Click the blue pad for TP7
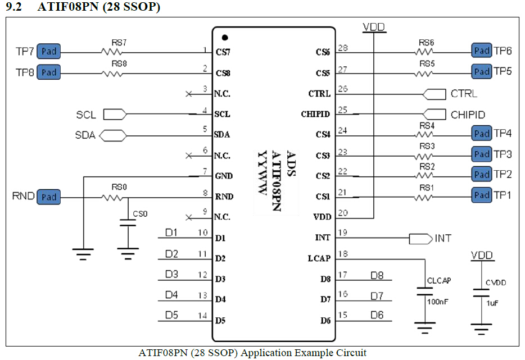pos(49,52)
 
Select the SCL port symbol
pos(115,115)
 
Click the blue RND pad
pos(49,197)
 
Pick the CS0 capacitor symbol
pos(129,225)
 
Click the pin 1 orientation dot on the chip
pos(224,38)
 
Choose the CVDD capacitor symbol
pos(481,293)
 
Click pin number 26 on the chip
pos(342,89)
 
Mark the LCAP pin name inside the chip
pos(319,258)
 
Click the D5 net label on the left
pos(171,315)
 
